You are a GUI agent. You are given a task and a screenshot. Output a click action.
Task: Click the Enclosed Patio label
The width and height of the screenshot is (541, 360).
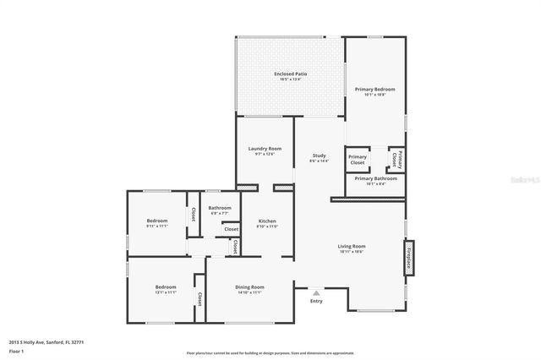290,74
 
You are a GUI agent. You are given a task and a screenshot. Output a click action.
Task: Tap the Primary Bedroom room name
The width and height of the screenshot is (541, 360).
374,89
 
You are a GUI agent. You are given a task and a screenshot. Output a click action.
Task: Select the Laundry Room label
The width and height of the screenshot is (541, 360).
265,149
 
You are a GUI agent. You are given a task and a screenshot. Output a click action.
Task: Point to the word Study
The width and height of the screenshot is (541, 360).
319,155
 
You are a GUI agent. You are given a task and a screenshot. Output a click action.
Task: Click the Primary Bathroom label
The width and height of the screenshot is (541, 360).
375,178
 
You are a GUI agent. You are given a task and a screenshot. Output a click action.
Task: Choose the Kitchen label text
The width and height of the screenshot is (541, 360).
267,221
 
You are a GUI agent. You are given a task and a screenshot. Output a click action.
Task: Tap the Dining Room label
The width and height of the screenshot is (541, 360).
249,287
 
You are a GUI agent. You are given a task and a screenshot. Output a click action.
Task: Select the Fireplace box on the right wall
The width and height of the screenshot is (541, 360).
408,257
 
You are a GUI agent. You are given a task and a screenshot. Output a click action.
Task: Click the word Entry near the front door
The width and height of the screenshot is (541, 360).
316,301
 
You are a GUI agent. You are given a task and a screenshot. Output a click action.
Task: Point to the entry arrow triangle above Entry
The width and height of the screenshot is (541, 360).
316,292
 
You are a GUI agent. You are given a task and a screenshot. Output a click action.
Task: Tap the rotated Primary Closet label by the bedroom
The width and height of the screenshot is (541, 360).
396,159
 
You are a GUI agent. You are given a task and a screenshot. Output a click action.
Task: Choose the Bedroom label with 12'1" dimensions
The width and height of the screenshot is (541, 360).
166,287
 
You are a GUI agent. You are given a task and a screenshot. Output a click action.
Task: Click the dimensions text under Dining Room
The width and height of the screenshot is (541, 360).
249,292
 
